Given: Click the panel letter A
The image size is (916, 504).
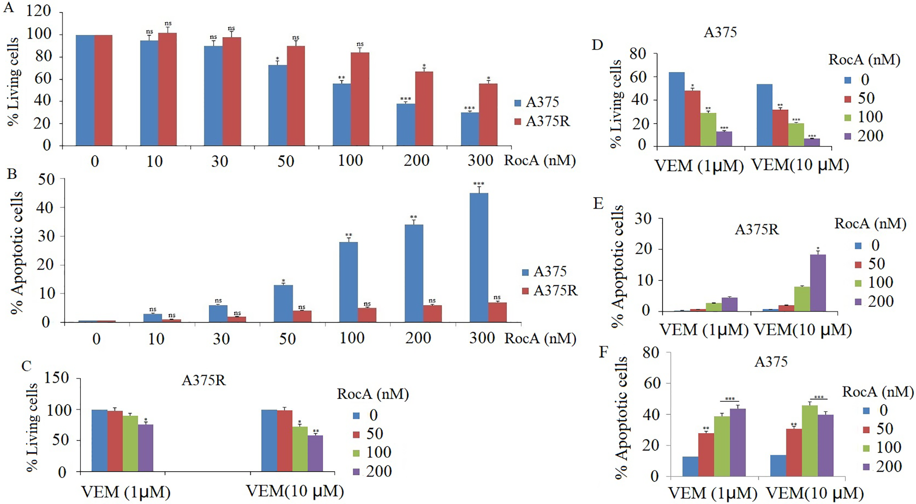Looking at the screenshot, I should coord(9,8).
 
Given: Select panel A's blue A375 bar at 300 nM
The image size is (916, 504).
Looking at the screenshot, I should coord(470,129).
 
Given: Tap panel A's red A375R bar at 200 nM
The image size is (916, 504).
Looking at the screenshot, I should coord(424,108).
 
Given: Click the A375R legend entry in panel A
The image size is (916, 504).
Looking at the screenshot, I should coord(542,121).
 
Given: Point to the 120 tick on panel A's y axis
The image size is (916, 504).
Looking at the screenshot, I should coord(39,11).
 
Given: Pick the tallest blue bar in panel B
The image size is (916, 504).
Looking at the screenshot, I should coord(479,257).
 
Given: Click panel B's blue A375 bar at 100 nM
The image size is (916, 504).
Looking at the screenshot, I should coord(349,282).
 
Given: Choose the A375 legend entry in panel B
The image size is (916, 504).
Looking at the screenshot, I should coord(544,272).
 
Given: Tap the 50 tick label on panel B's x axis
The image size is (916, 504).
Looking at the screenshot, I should coord(287,338).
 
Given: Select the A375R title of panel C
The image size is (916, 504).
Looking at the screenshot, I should coord(204,380).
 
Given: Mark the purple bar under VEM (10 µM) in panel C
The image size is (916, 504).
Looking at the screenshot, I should coord(315,453).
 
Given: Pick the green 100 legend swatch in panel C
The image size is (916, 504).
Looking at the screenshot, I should coord(357,452).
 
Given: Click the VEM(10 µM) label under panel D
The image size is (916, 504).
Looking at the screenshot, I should coord(800,165).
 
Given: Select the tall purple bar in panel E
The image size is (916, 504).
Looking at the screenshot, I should coord(818,283).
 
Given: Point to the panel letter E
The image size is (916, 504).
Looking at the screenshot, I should coord(598,203).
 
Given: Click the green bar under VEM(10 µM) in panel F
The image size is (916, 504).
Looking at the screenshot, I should coord(810,441).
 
